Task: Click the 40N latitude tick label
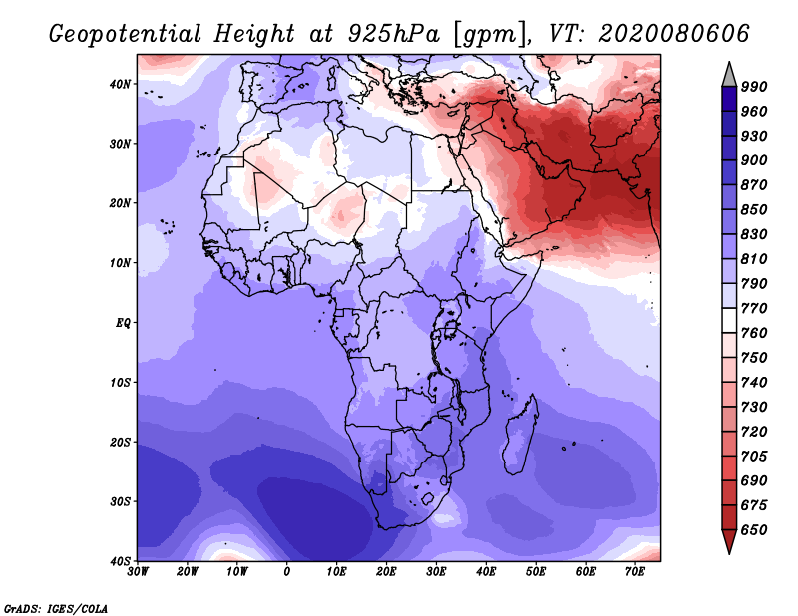120,84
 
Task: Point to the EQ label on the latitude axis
123,323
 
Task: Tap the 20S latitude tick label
120,442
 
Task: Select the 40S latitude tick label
120,561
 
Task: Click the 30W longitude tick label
138,572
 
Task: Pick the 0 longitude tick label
287,572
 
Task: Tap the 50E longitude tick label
536,572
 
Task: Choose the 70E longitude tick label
635,572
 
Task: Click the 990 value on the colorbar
753,87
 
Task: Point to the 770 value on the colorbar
753,308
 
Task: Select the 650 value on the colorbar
753,530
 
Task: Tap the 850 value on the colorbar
753,209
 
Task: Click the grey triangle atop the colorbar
729,77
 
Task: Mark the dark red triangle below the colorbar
729,539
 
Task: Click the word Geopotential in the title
126,35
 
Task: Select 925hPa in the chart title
393,34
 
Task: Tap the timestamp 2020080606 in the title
674,34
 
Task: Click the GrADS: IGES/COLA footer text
56,608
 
